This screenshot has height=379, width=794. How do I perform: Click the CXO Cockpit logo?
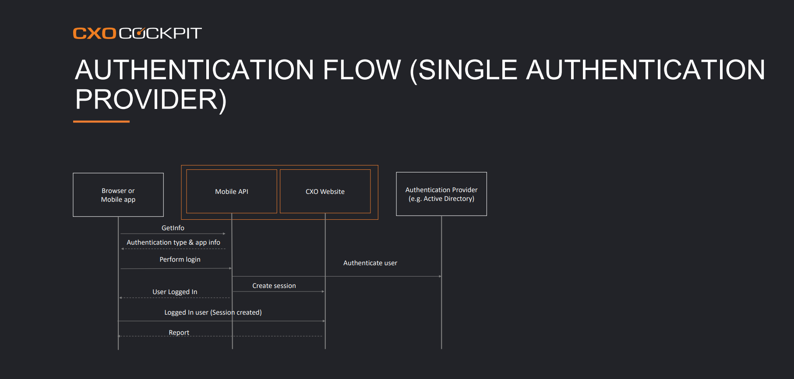(x=137, y=33)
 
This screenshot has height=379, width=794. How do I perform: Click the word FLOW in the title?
(x=362, y=70)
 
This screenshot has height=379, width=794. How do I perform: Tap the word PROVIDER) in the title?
(x=151, y=99)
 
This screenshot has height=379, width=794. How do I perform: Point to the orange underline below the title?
(x=101, y=121)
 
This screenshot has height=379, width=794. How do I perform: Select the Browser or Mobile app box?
(x=118, y=195)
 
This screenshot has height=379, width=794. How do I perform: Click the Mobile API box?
(x=232, y=191)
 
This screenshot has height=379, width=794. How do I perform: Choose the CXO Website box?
(x=325, y=191)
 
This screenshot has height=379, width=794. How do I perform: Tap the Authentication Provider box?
(x=441, y=194)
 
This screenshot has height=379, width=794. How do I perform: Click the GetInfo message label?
(x=173, y=228)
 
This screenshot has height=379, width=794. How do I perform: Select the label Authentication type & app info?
(x=173, y=242)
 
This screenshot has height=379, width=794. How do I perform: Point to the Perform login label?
(x=180, y=260)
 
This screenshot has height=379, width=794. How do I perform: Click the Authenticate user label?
(x=370, y=263)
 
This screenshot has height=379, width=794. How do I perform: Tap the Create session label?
(x=274, y=286)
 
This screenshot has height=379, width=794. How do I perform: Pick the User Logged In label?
(x=175, y=292)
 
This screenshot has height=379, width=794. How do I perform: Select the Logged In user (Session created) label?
(x=213, y=312)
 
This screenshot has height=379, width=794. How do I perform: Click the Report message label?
(x=179, y=333)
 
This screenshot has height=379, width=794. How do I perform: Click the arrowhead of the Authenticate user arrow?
(x=440, y=277)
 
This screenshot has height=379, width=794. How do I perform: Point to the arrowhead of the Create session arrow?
(x=323, y=291)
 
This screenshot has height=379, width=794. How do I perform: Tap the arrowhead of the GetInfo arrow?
(x=224, y=234)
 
